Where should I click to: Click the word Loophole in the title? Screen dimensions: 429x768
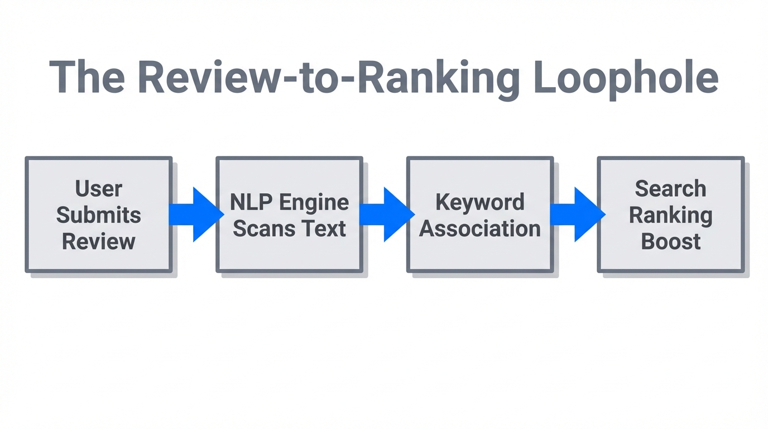click(x=625, y=78)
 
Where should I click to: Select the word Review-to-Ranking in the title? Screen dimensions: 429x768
click(x=329, y=78)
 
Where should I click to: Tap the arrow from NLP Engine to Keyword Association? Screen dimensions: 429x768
click(x=387, y=214)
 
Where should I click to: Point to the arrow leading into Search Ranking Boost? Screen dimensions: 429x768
click(x=578, y=214)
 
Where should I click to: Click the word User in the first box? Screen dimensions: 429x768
click(x=99, y=189)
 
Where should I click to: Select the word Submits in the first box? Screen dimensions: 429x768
click(x=99, y=215)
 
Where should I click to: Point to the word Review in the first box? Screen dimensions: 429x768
click(x=99, y=241)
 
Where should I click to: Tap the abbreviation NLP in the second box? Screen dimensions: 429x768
click(x=249, y=202)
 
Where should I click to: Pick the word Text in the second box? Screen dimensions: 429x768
click(x=325, y=228)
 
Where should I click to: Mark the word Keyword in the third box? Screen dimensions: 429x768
click(x=480, y=202)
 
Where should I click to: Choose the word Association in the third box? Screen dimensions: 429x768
click(x=480, y=228)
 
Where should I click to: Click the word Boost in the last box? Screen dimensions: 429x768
click(x=670, y=241)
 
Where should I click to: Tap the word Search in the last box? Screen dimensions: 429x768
click(x=670, y=189)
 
